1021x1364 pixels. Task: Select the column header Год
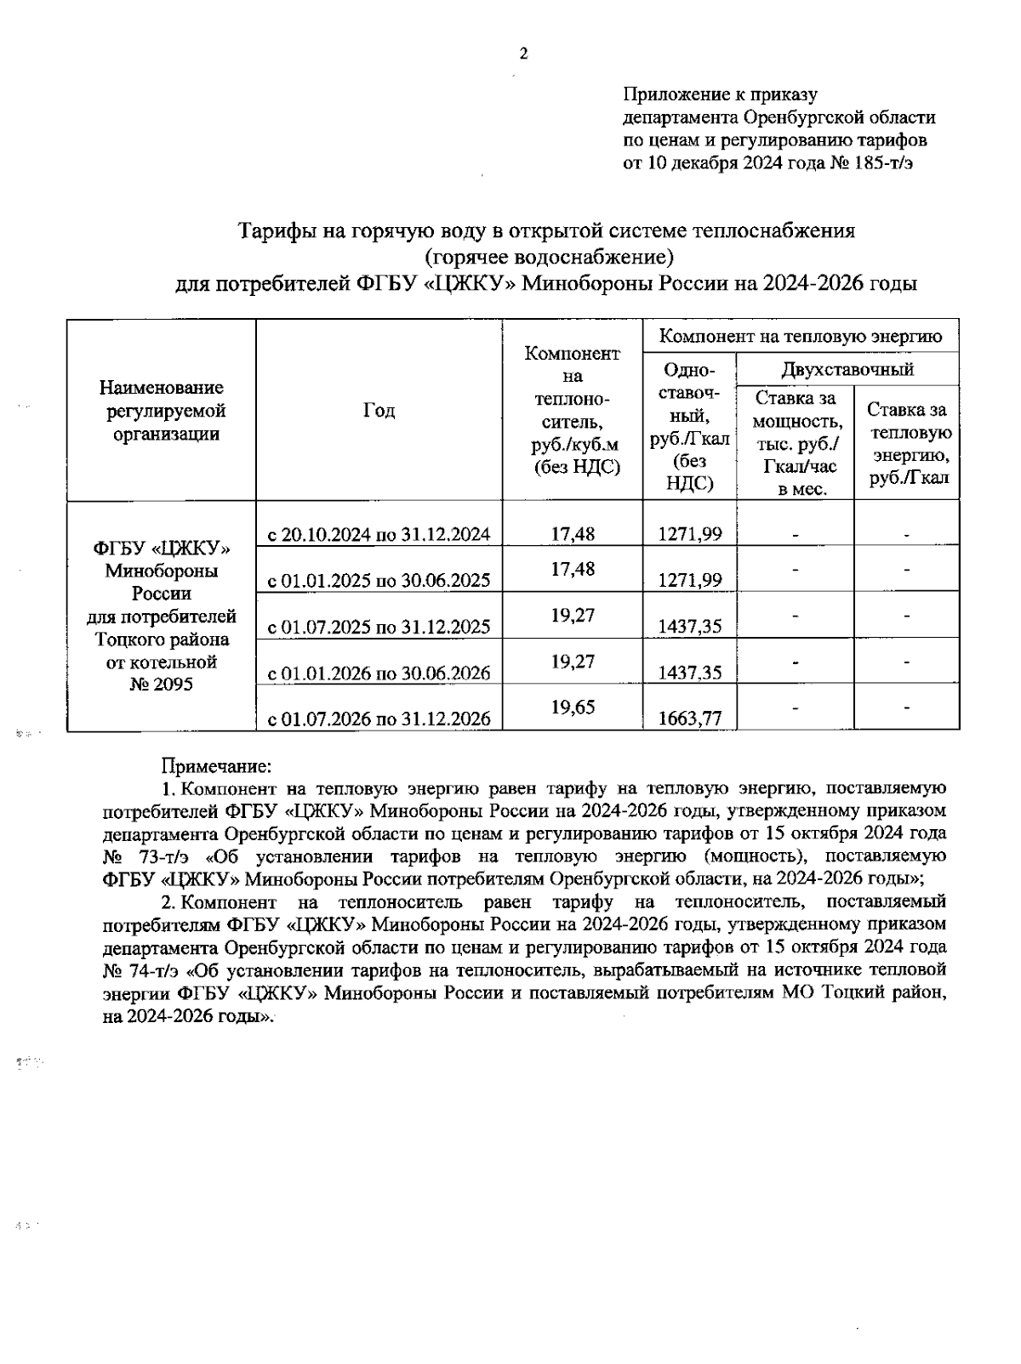pyautogui.click(x=379, y=411)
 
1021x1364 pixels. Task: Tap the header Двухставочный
pyautogui.click(x=847, y=369)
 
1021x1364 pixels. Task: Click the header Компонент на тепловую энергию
pyautogui.click(x=801, y=337)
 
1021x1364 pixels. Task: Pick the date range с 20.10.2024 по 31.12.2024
pyautogui.click(x=379, y=535)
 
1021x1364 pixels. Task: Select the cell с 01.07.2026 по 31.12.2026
pyautogui.click(x=379, y=719)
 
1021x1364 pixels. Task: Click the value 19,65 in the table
pyautogui.click(x=573, y=707)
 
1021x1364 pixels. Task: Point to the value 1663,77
pyautogui.click(x=690, y=719)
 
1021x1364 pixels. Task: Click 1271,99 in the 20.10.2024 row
pyautogui.click(x=690, y=534)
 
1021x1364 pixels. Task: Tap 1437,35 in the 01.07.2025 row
pyautogui.click(x=690, y=627)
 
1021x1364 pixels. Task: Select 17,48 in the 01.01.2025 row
pyautogui.click(x=573, y=569)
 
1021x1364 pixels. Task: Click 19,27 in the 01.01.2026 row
pyautogui.click(x=573, y=661)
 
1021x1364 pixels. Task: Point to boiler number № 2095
pyautogui.click(x=161, y=684)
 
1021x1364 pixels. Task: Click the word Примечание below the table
pyautogui.click(x=216, y=766)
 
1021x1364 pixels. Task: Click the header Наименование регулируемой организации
pyautogui.click(x=161, y=411)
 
